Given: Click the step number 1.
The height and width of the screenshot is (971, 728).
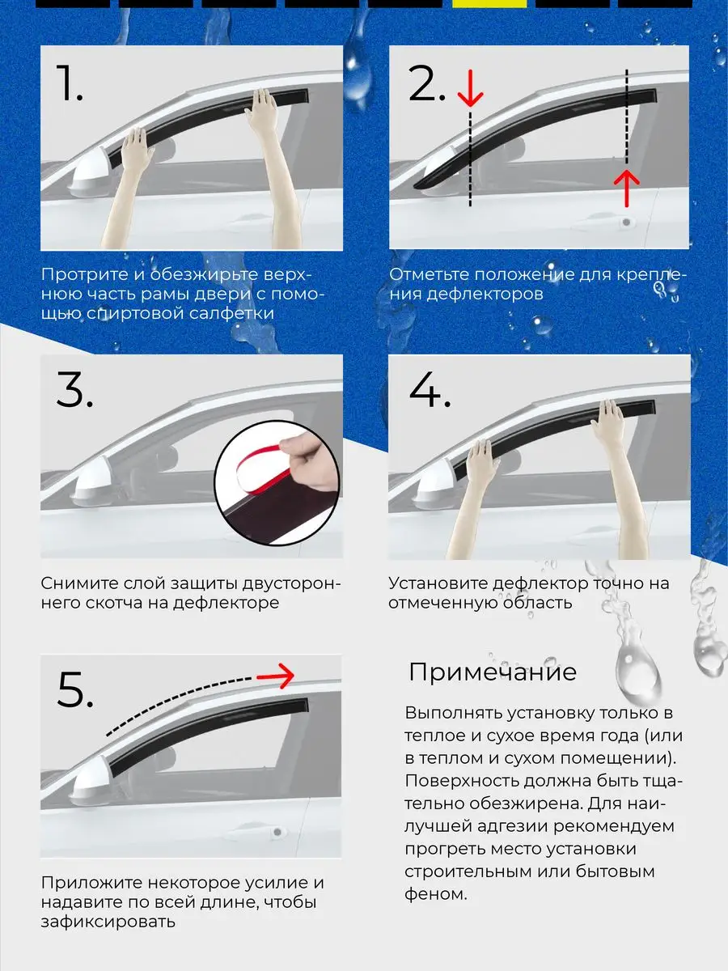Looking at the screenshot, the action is click(x=70, y=83).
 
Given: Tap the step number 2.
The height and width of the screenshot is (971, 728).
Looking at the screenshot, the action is click(x=426, y=83).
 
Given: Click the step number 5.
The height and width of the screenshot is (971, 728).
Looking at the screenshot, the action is click(x=75, y=689).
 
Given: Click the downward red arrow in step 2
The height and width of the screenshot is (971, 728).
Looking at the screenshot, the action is click(x=470, y=87).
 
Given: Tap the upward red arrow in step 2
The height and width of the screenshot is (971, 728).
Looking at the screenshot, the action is click(x=627, y=189).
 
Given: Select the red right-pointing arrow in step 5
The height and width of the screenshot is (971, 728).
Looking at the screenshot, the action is click(x=275, y=676).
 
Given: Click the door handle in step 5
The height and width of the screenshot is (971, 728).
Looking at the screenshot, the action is click(x=277, y=833).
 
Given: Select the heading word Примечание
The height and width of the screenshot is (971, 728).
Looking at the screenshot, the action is click(x=493, y=672).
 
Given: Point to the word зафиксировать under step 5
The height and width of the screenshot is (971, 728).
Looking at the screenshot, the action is click(x=108, y=922).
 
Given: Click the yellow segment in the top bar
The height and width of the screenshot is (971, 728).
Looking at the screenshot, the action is click(x=489, y=3).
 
